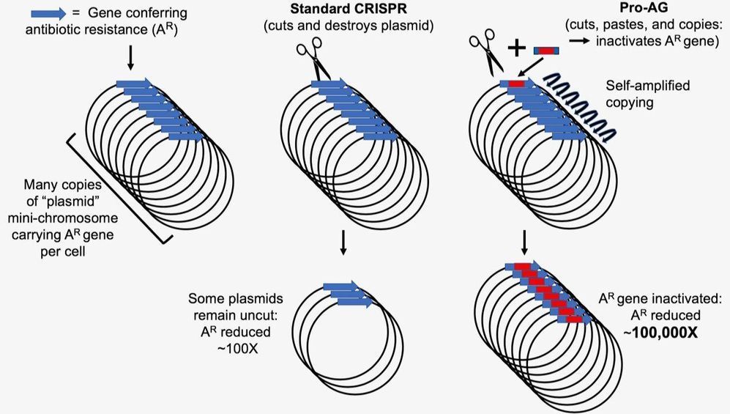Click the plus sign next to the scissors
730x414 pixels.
coord(517,48)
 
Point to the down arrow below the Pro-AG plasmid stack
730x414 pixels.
coord(523,241)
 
